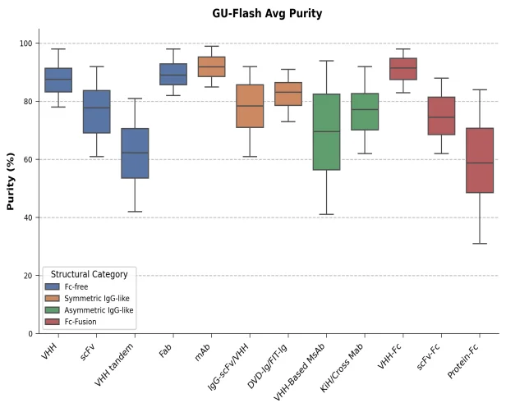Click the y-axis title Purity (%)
[11, 181]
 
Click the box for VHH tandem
[135, 153]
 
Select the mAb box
[211, 66]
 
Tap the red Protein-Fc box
[479, 160]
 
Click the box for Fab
[173, 74]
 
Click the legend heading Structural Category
[89, 273]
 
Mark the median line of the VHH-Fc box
[402, 68]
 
